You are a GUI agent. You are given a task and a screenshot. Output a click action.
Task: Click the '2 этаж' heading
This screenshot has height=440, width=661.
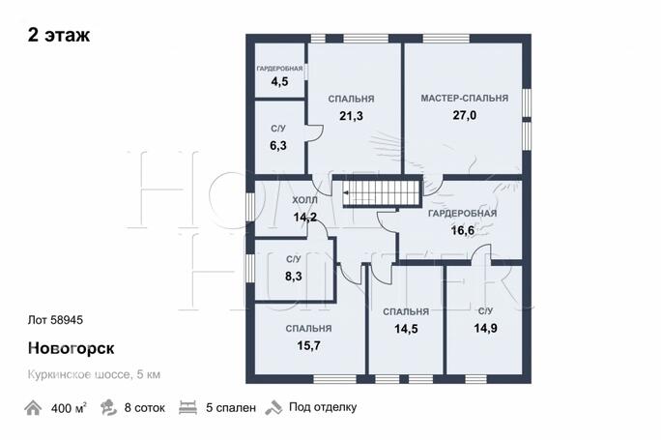click(x=59, y=35)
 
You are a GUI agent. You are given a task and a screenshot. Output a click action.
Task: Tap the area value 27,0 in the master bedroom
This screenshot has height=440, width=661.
click(x=465, y=115)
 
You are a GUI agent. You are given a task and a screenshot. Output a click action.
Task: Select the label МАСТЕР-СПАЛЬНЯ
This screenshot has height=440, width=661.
click(x=465, y=99)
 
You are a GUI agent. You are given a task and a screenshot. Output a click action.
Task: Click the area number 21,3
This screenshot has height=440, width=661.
click(x=351, y=116)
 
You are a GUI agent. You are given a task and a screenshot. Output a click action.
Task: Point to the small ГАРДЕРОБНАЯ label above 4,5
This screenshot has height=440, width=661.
click(x=279, y=69)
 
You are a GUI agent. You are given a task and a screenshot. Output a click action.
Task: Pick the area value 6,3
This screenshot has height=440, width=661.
click(x=278, y=146)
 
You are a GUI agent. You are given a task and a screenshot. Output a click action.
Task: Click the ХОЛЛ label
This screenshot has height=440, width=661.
click(x=304, y=200)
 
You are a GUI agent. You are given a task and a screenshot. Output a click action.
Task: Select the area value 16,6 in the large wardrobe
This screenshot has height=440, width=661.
click(x=463, y=230)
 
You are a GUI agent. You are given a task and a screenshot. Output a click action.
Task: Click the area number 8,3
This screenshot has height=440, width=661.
click(x=294, y=277)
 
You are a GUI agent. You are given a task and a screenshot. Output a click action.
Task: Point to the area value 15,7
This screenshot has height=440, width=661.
click(x=308, y=345)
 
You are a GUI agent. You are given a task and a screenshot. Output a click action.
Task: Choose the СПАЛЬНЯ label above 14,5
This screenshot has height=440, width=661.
click(x=406, y=311)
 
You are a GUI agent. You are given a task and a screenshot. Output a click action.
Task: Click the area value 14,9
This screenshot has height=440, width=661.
click(x=486, y=328)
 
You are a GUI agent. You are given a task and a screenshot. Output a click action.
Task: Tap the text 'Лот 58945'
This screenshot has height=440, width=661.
click(x=55, y=320)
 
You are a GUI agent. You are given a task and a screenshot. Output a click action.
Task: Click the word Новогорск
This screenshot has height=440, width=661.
click(x=71, y=348)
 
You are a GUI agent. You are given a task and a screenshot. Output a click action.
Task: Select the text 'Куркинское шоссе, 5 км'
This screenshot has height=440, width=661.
click(x=94, y=374)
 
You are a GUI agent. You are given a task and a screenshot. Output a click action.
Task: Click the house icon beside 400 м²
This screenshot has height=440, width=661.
click(x=33, y=408)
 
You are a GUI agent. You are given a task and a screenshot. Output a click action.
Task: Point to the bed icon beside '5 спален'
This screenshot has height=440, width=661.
click(x=188, y=408)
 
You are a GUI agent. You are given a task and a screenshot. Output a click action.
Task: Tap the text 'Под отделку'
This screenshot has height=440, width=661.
click(x=323, y=407)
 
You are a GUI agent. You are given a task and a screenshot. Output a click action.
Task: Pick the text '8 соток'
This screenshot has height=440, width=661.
click(x=145, y=408)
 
